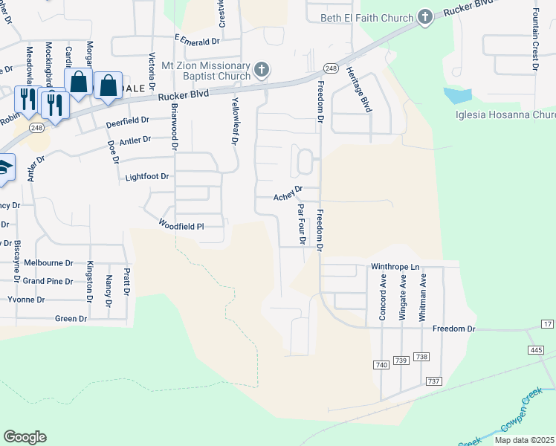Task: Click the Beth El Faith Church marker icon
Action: [x=424, y=17]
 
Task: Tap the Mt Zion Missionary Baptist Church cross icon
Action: [x=261, y=71]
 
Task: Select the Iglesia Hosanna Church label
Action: [x=505, y=115]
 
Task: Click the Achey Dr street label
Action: [x=288, y=194]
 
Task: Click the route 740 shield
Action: [x=382, y=365]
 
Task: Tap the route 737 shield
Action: [x=435, y=381]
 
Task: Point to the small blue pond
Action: [x=458, y=95]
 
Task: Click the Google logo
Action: [x=25, y=437]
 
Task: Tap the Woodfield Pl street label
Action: [x=181, y=225]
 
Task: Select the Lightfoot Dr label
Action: [x=147, y=177]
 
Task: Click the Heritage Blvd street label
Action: [x=366, y=96]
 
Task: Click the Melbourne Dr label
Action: [x=48, y=263]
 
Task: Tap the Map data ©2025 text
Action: [x=524, y=440]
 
